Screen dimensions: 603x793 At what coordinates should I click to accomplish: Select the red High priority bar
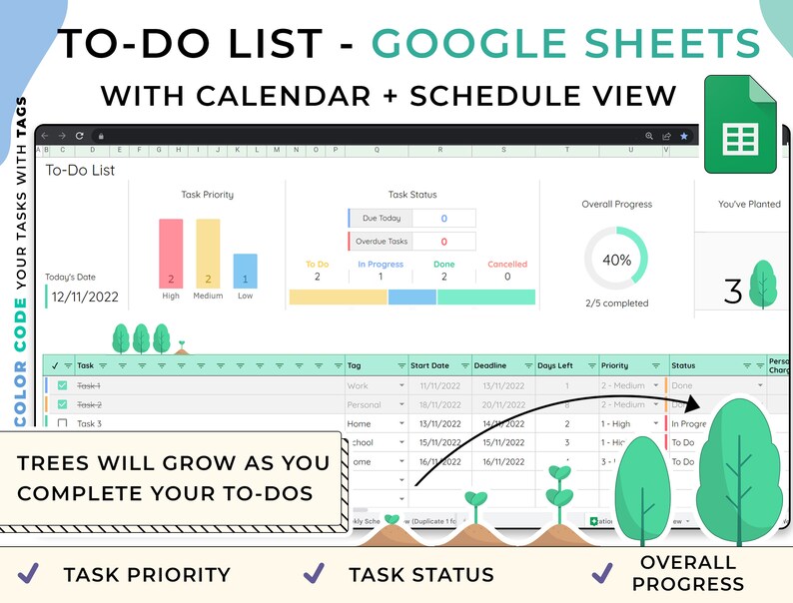point(171,254)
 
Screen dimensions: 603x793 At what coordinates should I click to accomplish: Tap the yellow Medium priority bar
point(208,254)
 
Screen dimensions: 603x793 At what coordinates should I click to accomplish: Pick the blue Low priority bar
point(245,271)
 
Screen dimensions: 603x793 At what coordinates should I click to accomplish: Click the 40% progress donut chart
point(616,260)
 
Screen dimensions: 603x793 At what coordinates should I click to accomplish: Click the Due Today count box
point(443,218)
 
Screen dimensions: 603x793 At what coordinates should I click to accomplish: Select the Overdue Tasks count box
point(443,241)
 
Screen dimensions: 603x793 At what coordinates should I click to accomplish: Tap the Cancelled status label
point(507,265)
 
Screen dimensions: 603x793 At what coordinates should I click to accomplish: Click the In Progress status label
point(381,265)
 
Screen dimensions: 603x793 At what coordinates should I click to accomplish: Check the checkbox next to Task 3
point(62,423)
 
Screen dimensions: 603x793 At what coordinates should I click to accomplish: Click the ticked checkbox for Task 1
point(62,385)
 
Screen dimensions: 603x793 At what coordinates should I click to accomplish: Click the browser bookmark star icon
point(683,136)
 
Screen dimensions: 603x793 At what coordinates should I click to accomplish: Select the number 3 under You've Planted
point(733,293)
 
